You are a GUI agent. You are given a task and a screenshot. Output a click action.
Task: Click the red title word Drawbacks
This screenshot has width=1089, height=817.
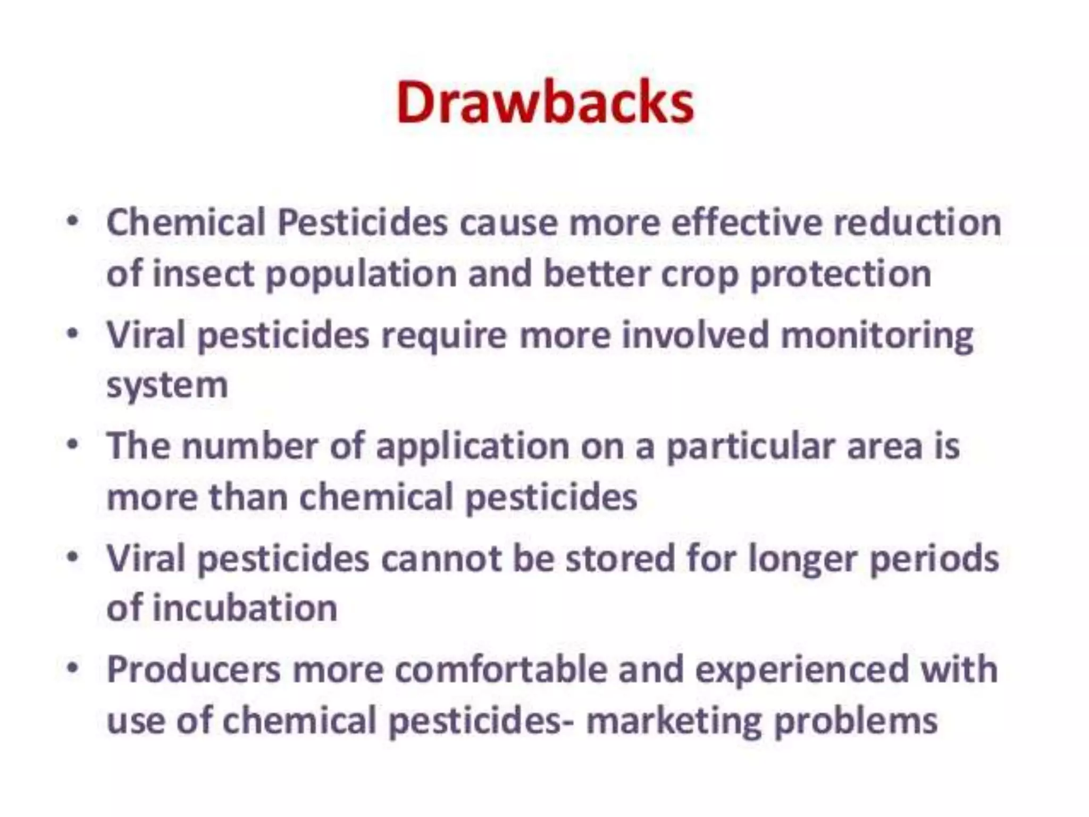point(545,102)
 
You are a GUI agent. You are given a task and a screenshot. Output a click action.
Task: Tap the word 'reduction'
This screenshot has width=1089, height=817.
point(917,222)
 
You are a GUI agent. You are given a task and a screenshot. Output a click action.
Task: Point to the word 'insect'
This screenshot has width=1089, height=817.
point(203,273)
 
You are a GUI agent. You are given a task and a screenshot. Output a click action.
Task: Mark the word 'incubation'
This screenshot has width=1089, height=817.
point(245,608)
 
